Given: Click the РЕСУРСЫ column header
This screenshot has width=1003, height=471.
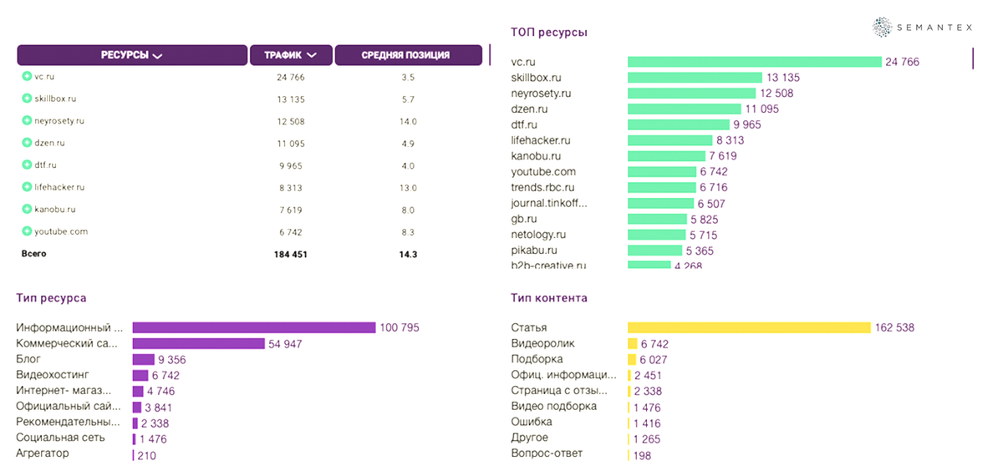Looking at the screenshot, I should click(131, 56).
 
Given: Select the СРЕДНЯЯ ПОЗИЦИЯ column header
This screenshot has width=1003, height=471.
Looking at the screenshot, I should click(405, 56).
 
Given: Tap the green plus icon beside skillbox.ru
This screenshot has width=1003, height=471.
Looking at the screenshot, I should click(27, 99).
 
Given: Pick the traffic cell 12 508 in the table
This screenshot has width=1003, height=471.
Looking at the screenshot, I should click(290, 121).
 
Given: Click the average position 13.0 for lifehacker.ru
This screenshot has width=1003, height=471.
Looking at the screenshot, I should click(408, 188).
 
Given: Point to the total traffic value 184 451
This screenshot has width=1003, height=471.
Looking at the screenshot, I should click(290, 255).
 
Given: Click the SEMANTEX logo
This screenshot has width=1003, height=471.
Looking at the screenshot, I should click(923, 28).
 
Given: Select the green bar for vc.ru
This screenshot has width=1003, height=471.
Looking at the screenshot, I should click(755, 62).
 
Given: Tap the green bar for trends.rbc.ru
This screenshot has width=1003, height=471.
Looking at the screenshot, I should click(661, 188).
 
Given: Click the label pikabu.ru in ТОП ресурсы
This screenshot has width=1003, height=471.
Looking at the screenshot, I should click(534, 251).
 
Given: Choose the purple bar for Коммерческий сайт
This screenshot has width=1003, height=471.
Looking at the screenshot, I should click(198, 344).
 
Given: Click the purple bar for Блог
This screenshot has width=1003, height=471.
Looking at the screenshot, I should click(142, 360).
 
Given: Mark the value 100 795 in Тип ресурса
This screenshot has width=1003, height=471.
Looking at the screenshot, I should click(400, 328).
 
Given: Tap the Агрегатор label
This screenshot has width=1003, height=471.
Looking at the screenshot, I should click(43, 453).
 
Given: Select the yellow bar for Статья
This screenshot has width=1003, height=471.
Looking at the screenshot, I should click(749, 328).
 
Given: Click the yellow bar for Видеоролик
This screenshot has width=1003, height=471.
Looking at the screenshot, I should click(632, 344).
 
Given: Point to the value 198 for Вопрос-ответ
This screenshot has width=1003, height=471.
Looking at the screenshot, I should click(643, 455).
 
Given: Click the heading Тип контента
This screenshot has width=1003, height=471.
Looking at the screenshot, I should click(549, 298).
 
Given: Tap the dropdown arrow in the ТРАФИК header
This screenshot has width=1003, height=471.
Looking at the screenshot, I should click(313, 56).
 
